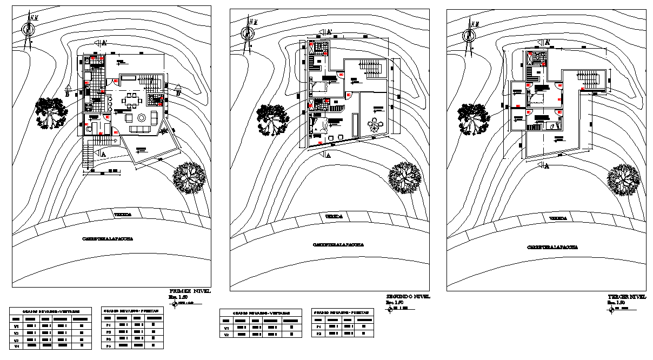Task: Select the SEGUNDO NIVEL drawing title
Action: point(407,297)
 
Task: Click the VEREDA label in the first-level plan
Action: point(122,215)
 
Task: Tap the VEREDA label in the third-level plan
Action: point(557,218)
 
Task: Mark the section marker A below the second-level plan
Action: point(325,155)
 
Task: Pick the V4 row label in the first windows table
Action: point(16,344)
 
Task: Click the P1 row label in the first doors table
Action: point(108,324)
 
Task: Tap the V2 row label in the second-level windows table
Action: point(226,335)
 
